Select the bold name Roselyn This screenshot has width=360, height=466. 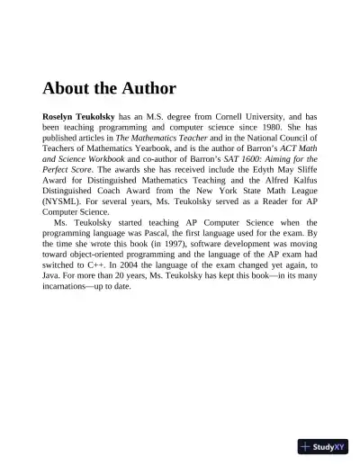62,117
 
